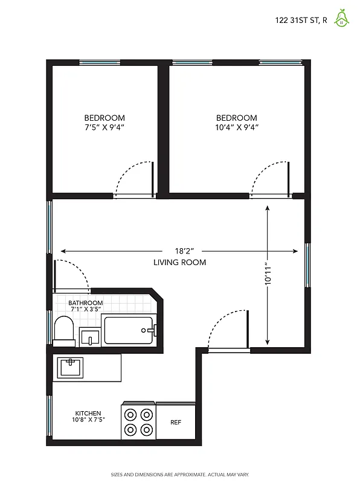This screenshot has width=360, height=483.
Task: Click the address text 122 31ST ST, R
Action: pos(301,20)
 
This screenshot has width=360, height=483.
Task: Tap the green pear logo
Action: pos(342,19)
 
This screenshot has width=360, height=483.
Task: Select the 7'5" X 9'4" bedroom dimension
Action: pos(104,127)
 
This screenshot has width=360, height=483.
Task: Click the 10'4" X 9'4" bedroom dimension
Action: pos(236,127)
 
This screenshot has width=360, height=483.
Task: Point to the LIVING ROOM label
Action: pos(179,263)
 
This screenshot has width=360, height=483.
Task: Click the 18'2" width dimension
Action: pos(179,251)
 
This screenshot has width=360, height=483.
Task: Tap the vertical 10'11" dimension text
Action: pos(268,278)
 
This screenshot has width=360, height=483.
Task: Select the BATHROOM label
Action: pos(85,303)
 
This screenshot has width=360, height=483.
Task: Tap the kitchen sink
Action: pos(71,366)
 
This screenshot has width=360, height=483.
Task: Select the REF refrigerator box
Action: pos(176,423)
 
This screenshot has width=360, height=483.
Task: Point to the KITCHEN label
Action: pos(88,413)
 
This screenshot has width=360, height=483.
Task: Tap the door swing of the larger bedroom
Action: pos(271,178)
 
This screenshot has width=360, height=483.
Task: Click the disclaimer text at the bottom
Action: pos(179,475)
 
